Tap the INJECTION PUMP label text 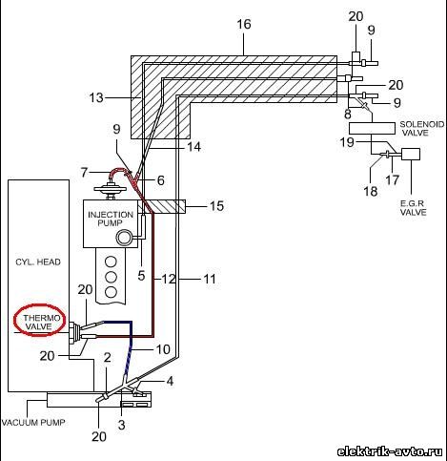pos(111,219)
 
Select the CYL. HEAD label pos(38,262)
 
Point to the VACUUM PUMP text pos(33,423)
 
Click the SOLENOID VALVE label pos(422,129)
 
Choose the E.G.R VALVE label pos(413,207)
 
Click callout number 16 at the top pos(244,24)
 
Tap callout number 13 pos(96,97)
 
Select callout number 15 pos(217,206)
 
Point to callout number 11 pos(210,279)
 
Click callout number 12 pos(169,279)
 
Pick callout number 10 pos(163,349)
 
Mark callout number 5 pos(141,276)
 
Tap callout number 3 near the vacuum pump pos(121,425)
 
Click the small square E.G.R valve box pos(411,154)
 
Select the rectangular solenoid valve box pos(372,128)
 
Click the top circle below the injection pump pos(111,262)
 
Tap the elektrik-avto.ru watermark pos(390,451)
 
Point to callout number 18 pos(371,191)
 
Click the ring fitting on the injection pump pos(125,238)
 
